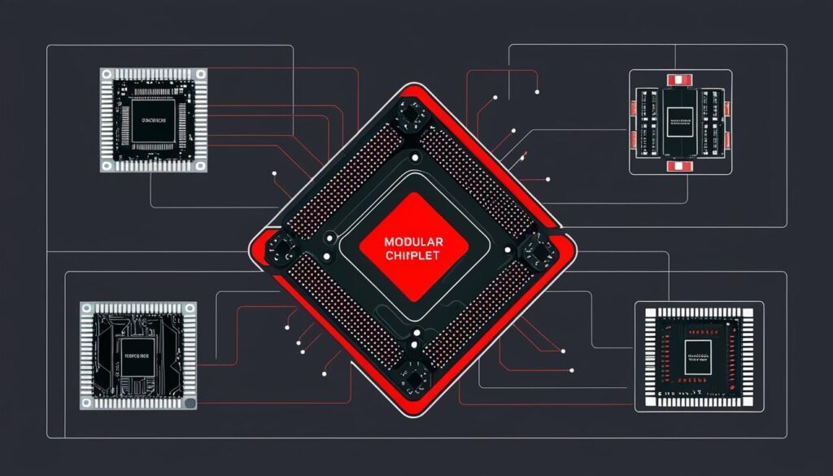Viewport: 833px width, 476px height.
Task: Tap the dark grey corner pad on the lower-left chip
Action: tap(190, 403)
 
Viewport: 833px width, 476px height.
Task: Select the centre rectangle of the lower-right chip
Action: tap(698, 355)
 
